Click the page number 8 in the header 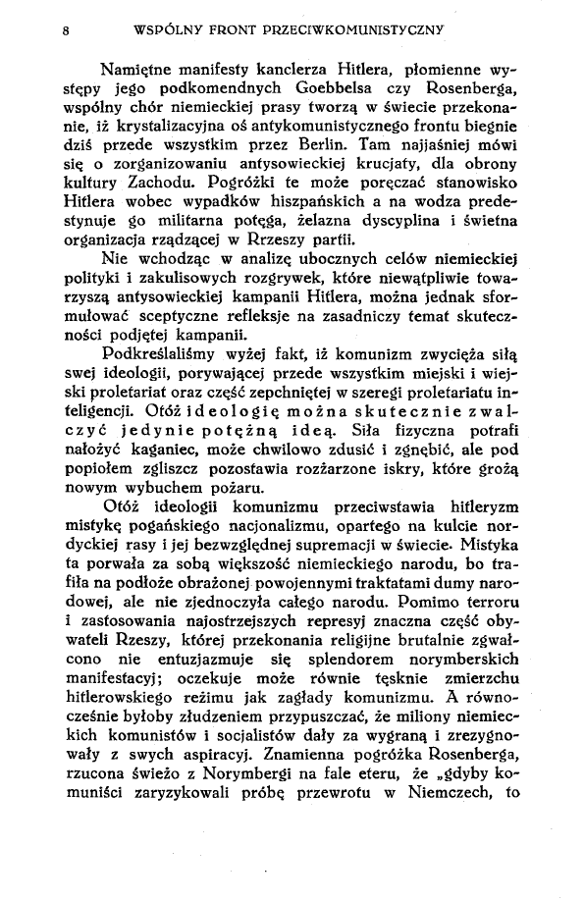coord(64,29)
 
